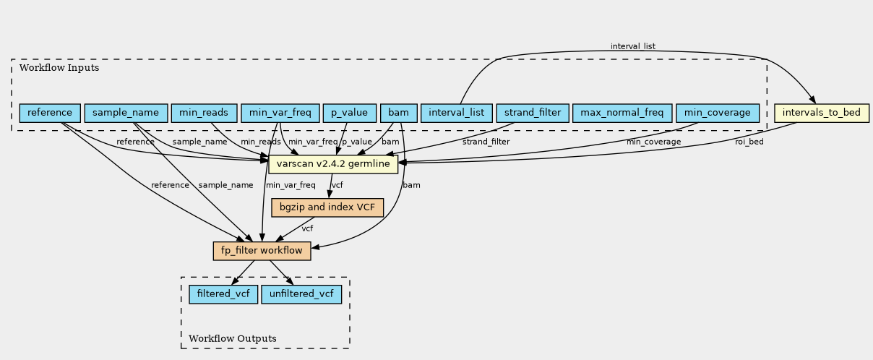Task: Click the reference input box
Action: coord(50,113)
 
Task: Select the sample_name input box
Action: coord(126,113)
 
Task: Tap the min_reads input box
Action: coord(204,113)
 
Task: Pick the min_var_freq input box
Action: coord(280,113)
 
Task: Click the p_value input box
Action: coord(350,113)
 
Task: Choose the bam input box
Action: coord(399,113)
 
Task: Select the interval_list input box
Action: coord(457,113)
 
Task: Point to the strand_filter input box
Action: coord(533,113)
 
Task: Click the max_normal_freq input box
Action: coord(622,113)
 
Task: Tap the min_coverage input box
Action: coord(718,113)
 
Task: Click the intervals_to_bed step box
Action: coord(822,113)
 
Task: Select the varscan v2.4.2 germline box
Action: coord(333,164)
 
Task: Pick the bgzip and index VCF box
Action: coord(327,207)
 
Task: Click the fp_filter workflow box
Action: coord(262,251)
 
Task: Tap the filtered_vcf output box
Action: coord(223,294)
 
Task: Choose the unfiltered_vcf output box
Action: coord(301,294)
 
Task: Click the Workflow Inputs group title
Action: coord(59,68)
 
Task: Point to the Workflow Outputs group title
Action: coord(233,338)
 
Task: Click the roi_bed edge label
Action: coord(749,142)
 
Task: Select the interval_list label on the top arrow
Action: coord(633,46)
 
